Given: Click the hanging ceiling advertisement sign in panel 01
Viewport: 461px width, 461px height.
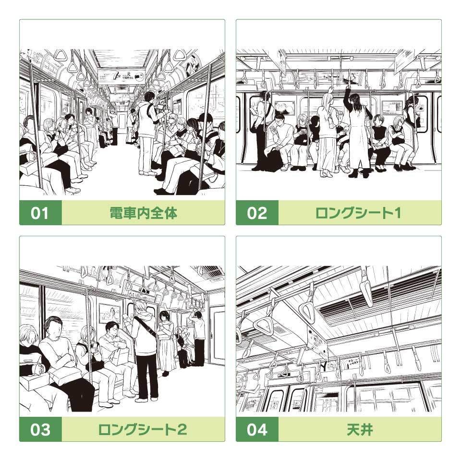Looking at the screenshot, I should point(121,76).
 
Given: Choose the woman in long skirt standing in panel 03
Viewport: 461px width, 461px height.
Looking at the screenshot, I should point(166,341).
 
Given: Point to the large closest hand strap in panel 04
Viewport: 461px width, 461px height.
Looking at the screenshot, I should point(307,307).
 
